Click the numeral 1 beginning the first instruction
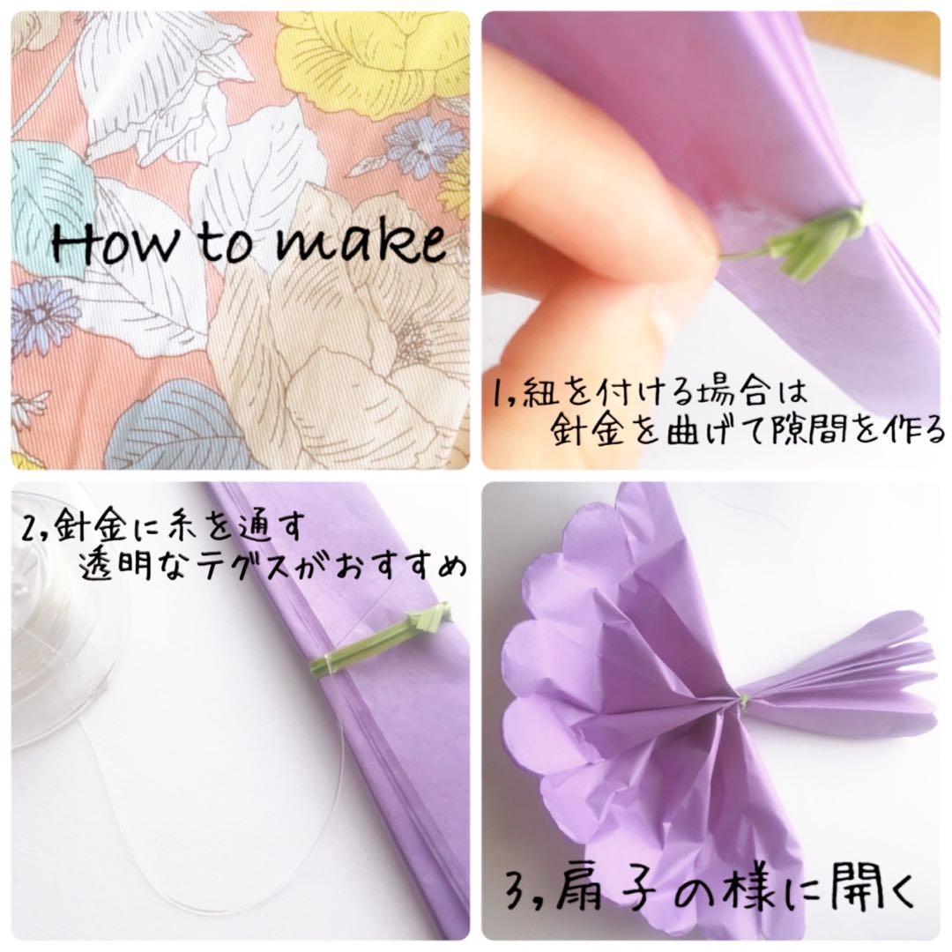[x=501, y=393]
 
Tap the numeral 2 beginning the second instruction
[x=28, y=528]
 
